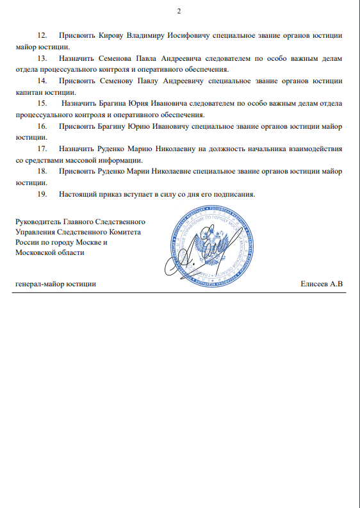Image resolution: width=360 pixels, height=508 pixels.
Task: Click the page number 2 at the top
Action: [x=180, y=12]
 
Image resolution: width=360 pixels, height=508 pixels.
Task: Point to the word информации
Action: [x=120, y=161]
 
